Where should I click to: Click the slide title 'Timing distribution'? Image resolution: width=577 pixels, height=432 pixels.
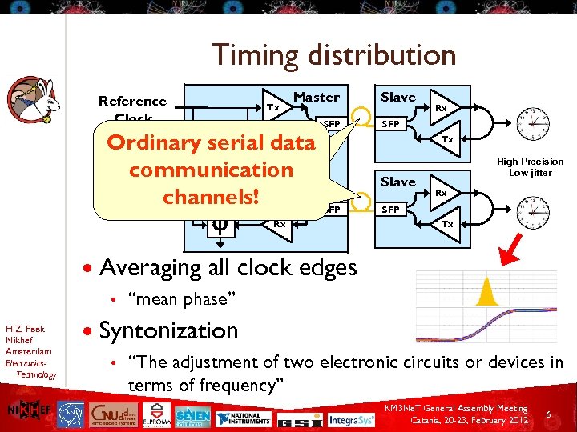(x=333, y=55)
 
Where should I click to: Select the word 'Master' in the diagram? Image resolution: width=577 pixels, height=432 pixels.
(x=317, y=97)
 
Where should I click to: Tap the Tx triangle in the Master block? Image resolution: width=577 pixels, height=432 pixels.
(x=274, y=107)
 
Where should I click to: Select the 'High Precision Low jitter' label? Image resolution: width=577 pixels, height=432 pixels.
(x=530, y=166)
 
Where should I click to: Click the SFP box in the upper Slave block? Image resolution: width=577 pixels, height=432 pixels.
(x=391, y=124)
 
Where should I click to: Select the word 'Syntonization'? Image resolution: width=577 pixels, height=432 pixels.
(x=168, y=330)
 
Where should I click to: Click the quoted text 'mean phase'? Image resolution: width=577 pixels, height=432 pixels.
(x=181, y=298)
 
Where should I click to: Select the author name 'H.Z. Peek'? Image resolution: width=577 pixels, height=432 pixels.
(x=25, y=328)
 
